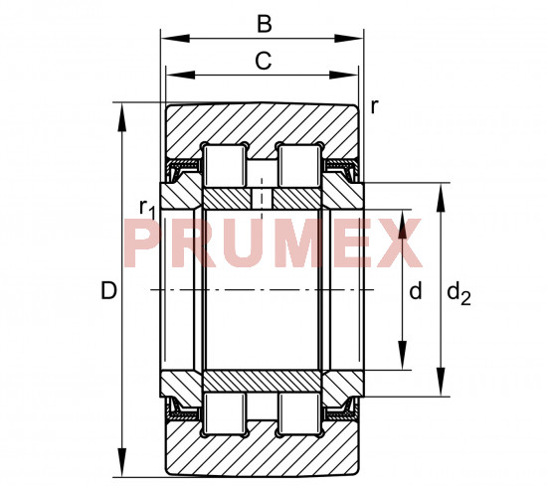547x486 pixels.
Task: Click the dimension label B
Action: pos(265,25)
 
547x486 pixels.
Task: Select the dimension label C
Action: pos(263,61)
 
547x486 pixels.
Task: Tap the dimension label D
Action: pos(108,290)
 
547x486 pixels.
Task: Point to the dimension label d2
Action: pos(458,293)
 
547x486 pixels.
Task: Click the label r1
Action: pos(146,209)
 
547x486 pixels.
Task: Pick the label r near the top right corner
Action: pos(374,106)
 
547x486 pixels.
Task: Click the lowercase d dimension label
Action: pos(416,290)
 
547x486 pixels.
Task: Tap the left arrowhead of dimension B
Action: pos(175,39)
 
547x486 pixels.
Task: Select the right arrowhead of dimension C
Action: pos(344,75)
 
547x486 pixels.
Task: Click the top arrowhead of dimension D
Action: pos(121,117)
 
